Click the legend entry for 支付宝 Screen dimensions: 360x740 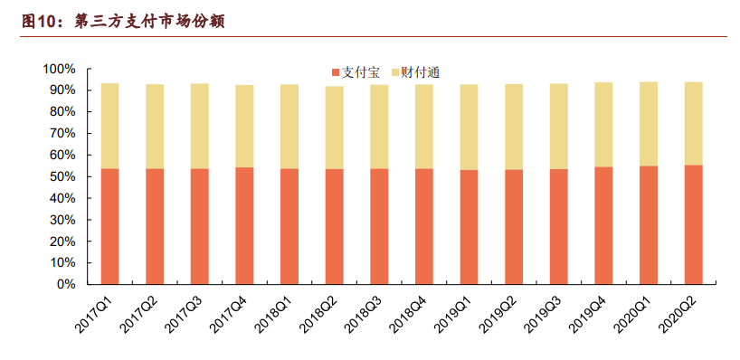click(x=357, y=71)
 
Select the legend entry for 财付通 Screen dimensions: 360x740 click(x=416, y=71)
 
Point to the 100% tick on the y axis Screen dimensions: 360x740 click(x=59, y=69)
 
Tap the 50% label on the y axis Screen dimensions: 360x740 click(x=62, y=176)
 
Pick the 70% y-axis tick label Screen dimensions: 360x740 click(x=62, y=133)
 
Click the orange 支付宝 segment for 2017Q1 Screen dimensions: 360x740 click(x=109, y=226)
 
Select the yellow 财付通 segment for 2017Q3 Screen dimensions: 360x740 click(x=199, y=126)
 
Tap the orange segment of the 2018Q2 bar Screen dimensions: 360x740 click(x=334, y=226)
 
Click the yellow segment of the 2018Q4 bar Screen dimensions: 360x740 click(x=423, y=126)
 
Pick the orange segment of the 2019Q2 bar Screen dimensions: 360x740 click(x=514, y=226)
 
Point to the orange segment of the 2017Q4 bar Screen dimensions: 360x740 click(x=244, y=226)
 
